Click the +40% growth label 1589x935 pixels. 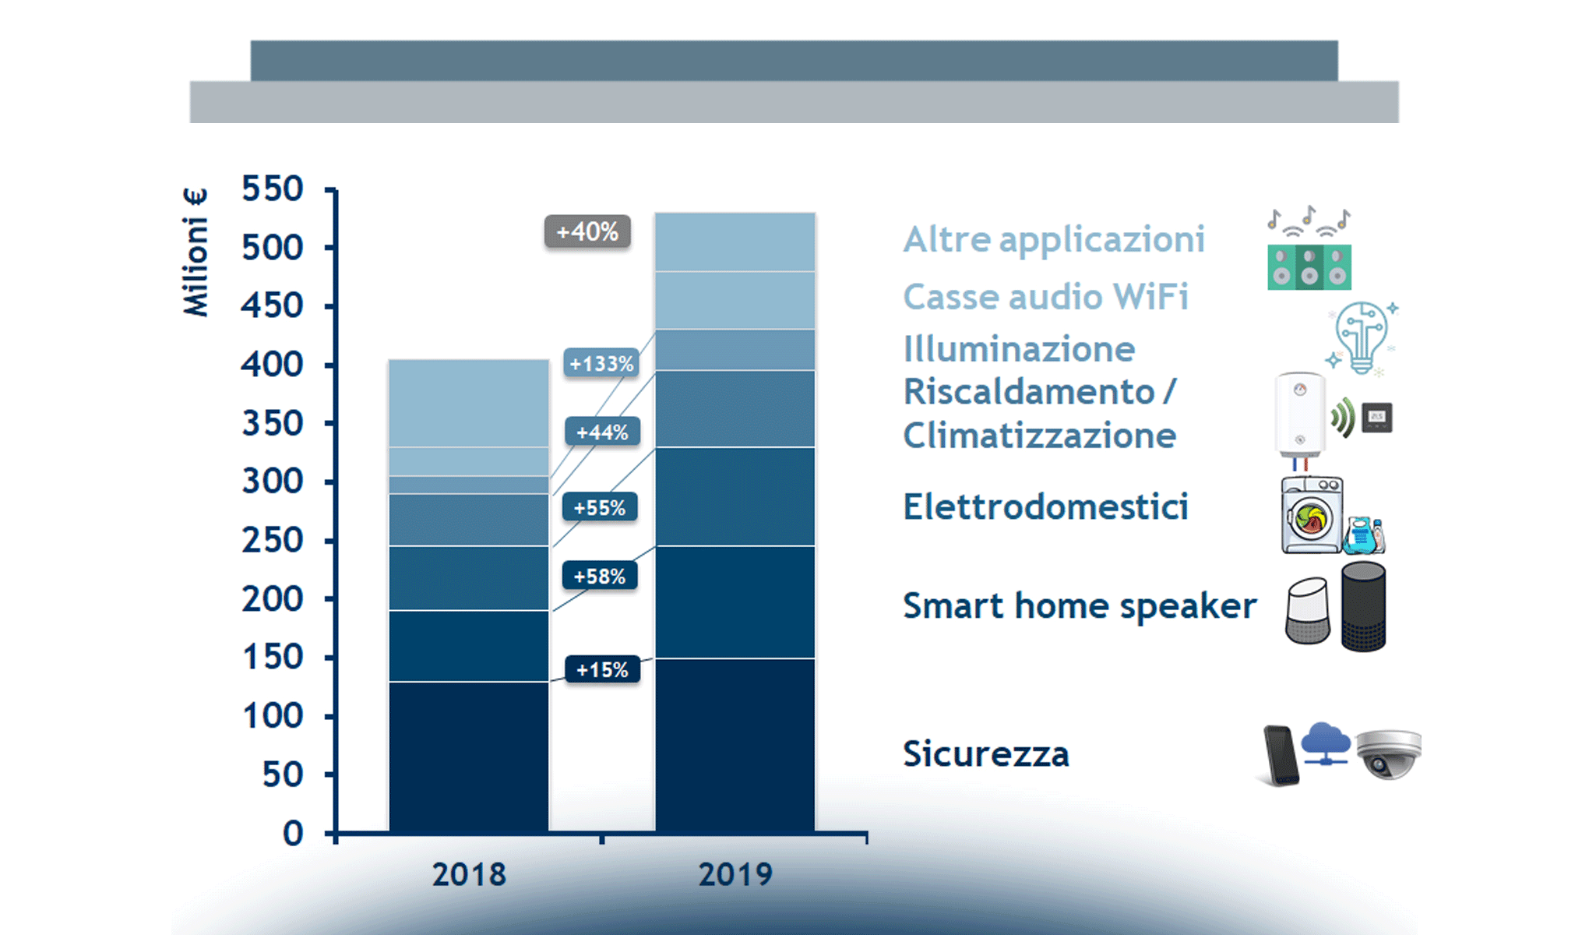587,231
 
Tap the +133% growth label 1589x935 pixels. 601,363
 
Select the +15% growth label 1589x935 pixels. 602,669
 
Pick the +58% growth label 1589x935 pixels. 600,576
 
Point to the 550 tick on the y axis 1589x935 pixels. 272,189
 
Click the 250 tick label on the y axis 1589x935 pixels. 272,540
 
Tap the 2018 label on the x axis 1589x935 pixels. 469,874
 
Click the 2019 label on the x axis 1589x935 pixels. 735,874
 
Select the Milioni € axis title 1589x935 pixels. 196,252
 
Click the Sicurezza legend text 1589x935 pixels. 985,753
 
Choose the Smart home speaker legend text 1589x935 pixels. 1079,605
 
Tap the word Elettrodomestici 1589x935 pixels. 1045,506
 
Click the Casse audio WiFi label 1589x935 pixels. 1045,297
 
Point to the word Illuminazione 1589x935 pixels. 1019,349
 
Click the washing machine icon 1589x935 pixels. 1312,515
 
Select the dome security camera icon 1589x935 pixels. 1388,753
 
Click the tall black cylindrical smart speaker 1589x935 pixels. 1363,606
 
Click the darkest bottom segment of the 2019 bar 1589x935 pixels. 735,744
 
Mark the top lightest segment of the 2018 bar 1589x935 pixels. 469,402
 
